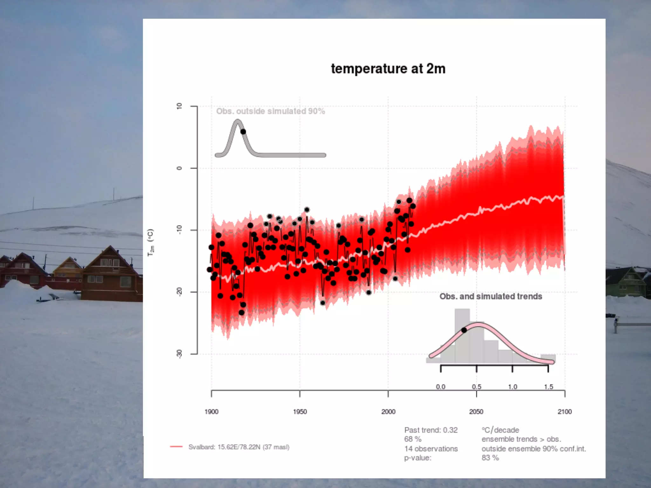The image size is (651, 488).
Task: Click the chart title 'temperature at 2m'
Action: pos(388,69)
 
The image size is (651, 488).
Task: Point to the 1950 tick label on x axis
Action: pos(300,412)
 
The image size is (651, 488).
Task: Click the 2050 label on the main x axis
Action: pos(476,412)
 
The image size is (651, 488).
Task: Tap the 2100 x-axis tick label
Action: pos(565,412)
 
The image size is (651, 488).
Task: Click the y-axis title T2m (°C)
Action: pos(151,243)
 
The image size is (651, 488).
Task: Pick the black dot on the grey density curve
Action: pos(243,132)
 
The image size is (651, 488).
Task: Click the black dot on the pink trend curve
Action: pos(464,330)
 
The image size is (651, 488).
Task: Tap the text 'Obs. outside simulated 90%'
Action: pos(271,111)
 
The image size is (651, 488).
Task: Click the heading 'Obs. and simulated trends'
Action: pos(490,296)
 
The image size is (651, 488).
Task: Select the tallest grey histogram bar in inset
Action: pos(462,335)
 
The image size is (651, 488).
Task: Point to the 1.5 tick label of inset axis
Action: pos(548,387)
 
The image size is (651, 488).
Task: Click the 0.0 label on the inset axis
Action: pos(441,387)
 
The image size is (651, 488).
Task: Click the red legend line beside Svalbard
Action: pos(176,447)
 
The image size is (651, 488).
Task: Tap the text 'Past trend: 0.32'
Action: pos(431,430)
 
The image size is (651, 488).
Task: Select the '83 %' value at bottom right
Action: pos(490,458)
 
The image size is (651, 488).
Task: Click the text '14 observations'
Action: pos(431,449)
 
